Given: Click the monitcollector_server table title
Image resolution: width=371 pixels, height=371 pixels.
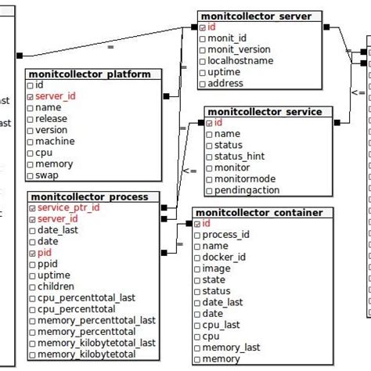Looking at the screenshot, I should pos(256,16).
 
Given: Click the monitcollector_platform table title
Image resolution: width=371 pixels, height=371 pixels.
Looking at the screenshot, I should pos(93,74).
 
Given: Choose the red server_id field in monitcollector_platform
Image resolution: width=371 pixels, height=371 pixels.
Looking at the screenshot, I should pos(56,95).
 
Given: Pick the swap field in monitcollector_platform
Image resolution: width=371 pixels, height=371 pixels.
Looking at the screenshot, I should pos(49,175).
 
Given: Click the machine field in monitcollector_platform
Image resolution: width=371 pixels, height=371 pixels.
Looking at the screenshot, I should pos(55,141).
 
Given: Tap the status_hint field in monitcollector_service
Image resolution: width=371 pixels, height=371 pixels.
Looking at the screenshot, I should pos(240,157).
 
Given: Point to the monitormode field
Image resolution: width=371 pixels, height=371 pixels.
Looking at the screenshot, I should pos(244,179).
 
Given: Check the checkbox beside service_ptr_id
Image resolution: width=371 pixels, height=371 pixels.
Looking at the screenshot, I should pos(31,208).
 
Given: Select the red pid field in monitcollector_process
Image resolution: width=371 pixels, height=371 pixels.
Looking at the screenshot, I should pos(45,253).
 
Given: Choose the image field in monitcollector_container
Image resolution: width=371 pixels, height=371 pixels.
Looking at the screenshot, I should pos(217,268).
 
